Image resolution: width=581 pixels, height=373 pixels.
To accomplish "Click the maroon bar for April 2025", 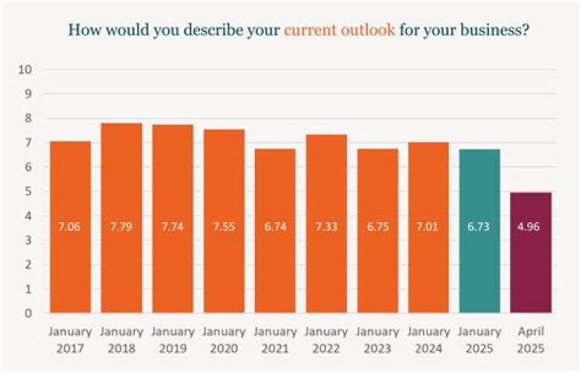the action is [531, 253].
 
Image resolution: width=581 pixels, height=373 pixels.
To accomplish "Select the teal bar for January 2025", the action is [479, 231].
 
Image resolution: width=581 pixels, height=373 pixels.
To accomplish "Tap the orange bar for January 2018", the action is [122, 218].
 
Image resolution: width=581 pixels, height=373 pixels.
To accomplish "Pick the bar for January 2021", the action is [275, 231].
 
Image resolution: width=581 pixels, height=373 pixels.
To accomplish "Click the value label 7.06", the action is [69, 227].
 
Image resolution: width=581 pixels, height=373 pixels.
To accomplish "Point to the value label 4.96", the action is [529, 227].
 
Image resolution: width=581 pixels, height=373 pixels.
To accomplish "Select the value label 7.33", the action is [327, 227].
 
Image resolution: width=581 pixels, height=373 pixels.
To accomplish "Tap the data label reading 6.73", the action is [479, 227].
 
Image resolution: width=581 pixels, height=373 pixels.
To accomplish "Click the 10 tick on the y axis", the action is [25, 69].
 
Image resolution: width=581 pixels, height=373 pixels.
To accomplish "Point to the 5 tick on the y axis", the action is [28, 191].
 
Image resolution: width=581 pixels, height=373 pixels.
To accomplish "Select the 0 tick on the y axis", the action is [28, 313].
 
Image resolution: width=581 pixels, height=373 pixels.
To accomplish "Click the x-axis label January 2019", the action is [173, 340].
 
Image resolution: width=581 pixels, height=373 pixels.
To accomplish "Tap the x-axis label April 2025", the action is [531, 340].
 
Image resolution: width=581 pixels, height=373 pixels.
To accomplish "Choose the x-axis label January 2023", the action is [378, 340].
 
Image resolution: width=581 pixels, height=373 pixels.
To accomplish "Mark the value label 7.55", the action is [224, 227].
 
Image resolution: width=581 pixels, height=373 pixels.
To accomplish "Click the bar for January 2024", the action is [428, 228].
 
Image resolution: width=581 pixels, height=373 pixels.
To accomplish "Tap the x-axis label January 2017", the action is [70, 340].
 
